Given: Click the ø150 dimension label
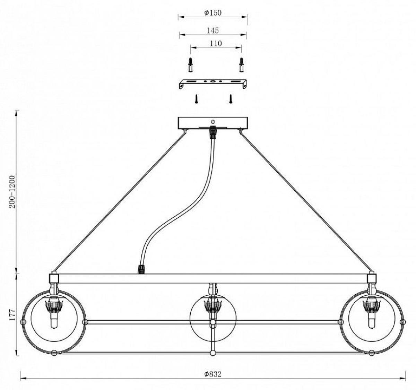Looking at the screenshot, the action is coord(213,13).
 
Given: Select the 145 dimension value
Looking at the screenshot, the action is coord(213,31).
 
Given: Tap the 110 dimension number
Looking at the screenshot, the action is coord(216,43).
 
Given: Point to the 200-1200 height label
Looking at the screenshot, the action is coord(12,192).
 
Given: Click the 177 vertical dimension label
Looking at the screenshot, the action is coord(12,314).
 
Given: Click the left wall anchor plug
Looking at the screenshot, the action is coord(190,65).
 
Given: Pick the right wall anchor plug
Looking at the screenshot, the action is coord(242,65).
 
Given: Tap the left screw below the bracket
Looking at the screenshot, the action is coord(196,99).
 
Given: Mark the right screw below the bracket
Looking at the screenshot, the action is coord(231,99).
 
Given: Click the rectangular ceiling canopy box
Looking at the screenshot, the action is coord(213,123).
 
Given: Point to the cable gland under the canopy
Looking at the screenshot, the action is coord(213,132).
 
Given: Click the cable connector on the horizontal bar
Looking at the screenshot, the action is coord(141,269).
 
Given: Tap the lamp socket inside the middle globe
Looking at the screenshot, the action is coord(213,306).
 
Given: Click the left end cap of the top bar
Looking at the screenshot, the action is coord(54,278).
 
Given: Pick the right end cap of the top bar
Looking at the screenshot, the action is coord(372,278).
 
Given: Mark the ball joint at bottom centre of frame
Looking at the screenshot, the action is coord(213,353).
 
